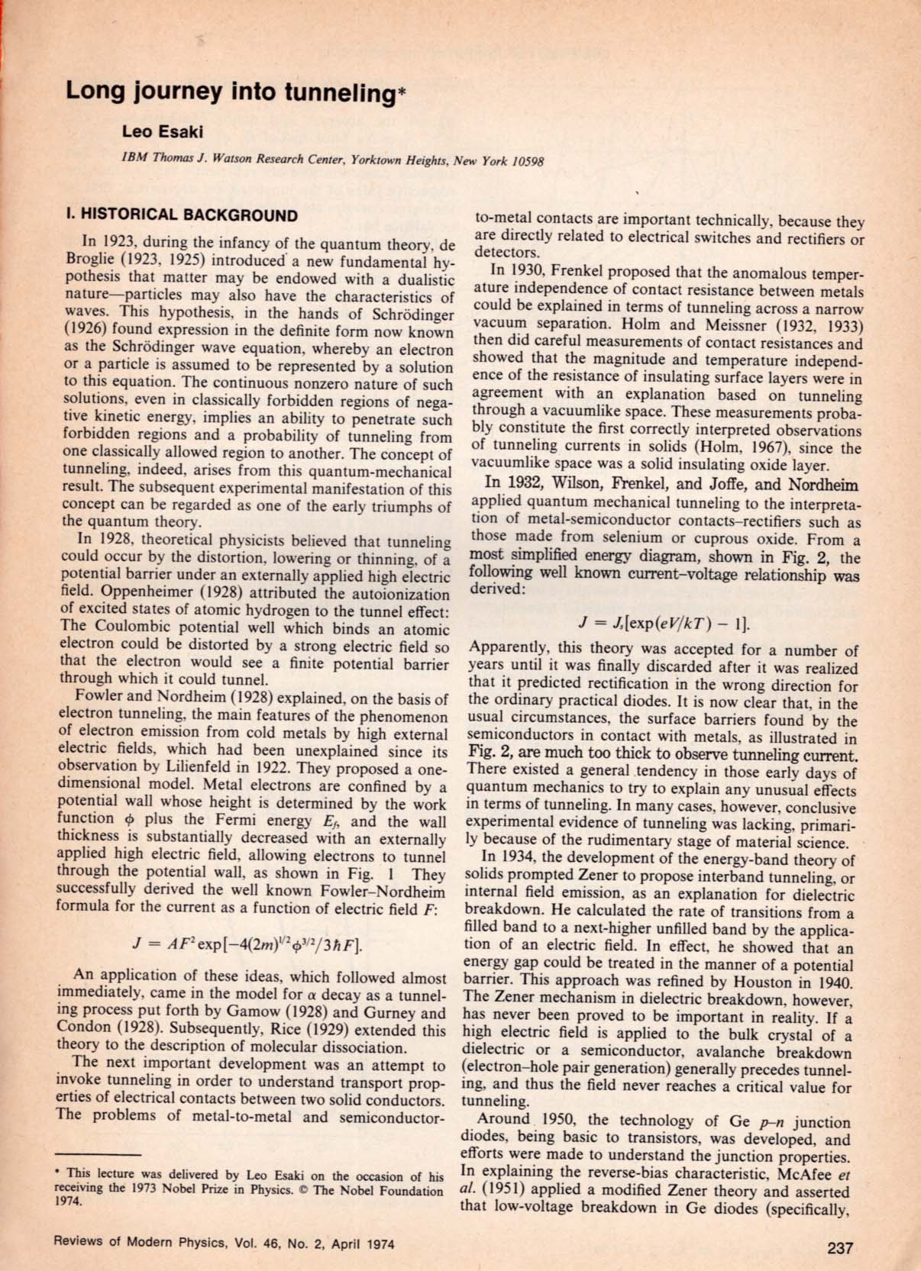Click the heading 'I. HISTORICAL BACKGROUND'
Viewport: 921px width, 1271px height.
(182, 215)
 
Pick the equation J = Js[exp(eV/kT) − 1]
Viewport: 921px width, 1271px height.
(664, 623)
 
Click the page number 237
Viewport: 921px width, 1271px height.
(839, 1248)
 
